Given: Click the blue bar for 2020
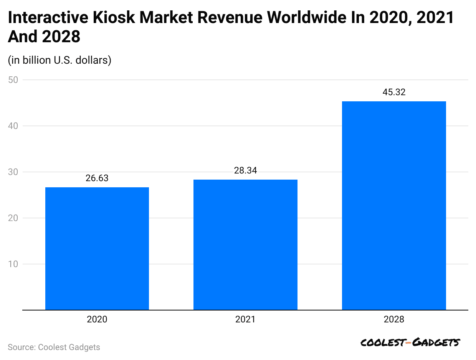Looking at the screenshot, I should pyautogui.click(x=97, y=248).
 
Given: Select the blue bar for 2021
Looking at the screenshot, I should pyautogui.click(x=245, y=244).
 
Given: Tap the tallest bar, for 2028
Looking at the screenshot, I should pyautogui.click(x=394, y=205).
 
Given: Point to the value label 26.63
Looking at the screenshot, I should pyautogui.click(x=97, y=178).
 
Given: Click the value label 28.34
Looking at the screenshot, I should pyautogui.click(x=245, y=171).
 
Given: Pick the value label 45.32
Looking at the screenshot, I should pyautogui.click(x=394, y=92).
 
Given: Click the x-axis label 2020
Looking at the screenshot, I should pyautogui.click(x=97, y=319).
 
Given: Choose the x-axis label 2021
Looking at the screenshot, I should pyautogui.click(x=245, y=319).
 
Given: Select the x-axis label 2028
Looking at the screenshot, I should pyautogui.click(x=394, y=319).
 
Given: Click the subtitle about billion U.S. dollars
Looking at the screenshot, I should pyautogui.click(x=59, y=60).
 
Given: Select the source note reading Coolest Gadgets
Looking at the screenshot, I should pyautogui.click(x=54, y=347).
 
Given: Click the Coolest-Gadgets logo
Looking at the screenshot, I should pyautogui.click(x=410, y=343).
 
